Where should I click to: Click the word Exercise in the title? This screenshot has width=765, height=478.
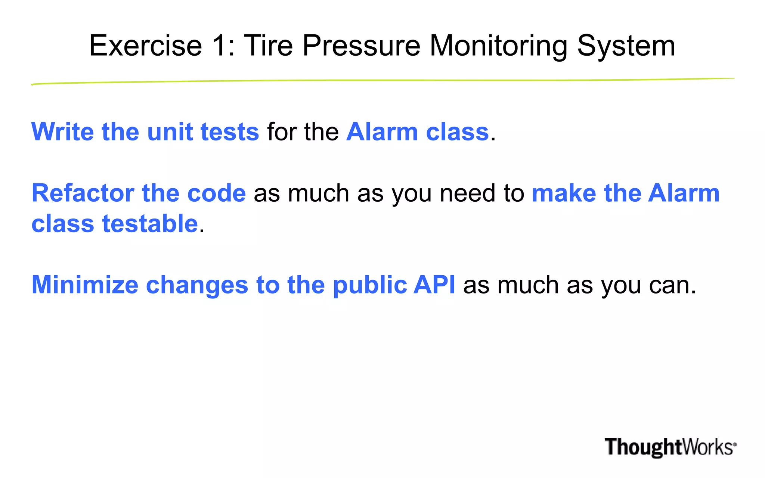pos(145,46)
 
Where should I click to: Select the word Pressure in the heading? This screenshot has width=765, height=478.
pos(361,46)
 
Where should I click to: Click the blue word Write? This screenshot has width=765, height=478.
pos(62,132)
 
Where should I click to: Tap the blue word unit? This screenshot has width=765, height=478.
pos(170,132)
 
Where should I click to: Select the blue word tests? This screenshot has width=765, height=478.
pos(230,132)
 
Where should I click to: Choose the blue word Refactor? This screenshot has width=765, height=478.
pos(83,193)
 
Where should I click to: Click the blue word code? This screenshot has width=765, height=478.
pos(216,193)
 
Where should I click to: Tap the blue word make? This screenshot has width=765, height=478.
pos(564,193)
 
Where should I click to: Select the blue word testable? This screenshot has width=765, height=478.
pos(150,224)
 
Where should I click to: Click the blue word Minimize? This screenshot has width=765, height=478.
pos(85,285)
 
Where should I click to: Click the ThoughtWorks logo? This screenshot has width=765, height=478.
pos(670,447)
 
